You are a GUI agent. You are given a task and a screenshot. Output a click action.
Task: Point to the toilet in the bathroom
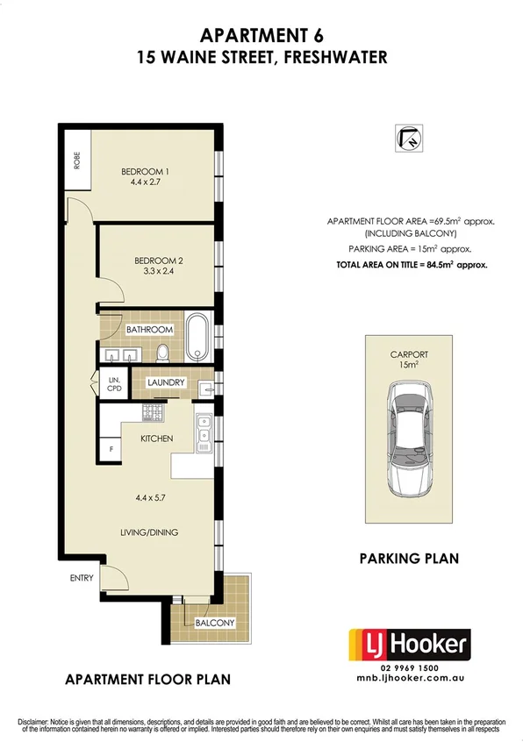pyautogui.click(x=161, y=351)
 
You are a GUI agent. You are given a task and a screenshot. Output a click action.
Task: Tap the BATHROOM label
pyautogui.click(x=150, y=330)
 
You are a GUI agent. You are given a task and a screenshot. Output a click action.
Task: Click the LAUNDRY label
pyautogui.click(x=165, y=382)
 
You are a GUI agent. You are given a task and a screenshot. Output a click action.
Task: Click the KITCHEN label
pyautogui.click(x=157, y=438)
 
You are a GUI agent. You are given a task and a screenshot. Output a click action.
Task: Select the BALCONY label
pyautogui.click(x=214, y=623)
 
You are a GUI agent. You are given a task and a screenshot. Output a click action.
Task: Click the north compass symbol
pyautogui.click(x=407, y=139)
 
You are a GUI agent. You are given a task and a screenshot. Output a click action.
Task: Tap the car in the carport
pyautogui.click(x=410, y=441)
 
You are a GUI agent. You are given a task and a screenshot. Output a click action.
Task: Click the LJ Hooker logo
pyautogui.click(x=410, y=646)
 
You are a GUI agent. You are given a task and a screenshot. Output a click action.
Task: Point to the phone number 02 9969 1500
pyautogui.click(x=410, y=669)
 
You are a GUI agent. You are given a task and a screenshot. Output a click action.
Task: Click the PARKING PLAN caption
pyautogui.click(x=409, y=557)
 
